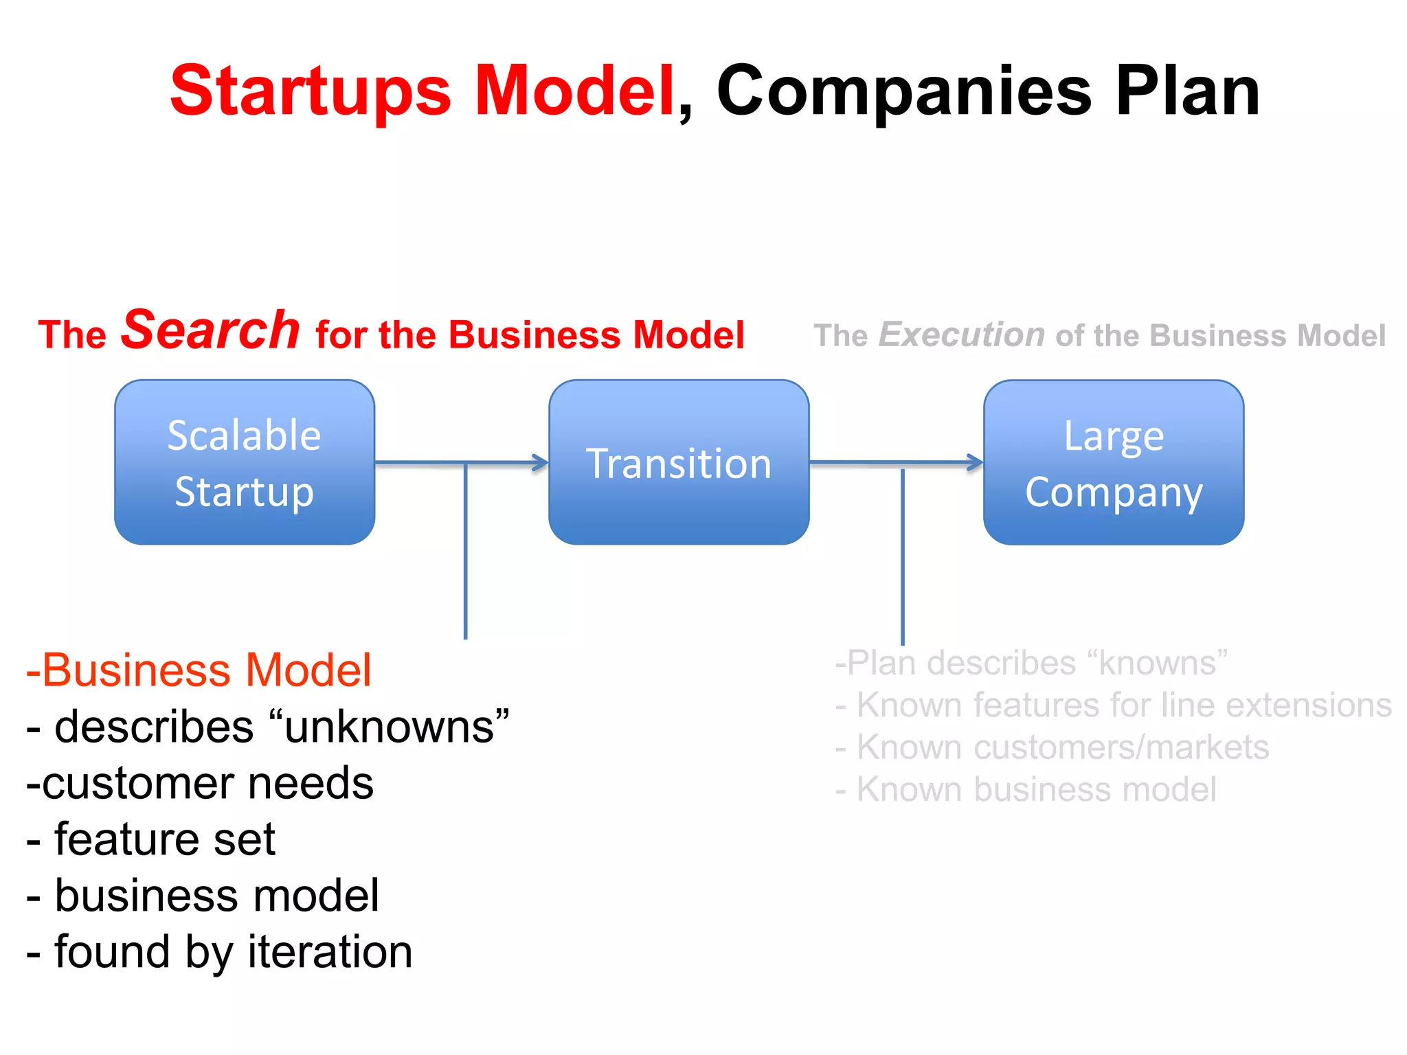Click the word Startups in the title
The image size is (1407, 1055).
[311, 91]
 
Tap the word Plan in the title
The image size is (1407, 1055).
[1187, 91]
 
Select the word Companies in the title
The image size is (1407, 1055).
[903, 91]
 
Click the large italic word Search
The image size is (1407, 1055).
[210, 330]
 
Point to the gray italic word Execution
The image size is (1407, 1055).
[962, 335]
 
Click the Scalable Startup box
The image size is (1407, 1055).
[245, 462]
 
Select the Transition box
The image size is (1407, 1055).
[679, 462]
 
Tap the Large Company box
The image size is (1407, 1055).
[1114, 462]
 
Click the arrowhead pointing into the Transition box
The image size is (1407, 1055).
[541, 463]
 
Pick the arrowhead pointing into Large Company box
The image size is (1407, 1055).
[976, 462]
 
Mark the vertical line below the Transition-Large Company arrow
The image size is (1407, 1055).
[903, 556]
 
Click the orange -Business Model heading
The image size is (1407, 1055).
[199, 670]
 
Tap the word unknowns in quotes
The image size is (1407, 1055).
[389, 727]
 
